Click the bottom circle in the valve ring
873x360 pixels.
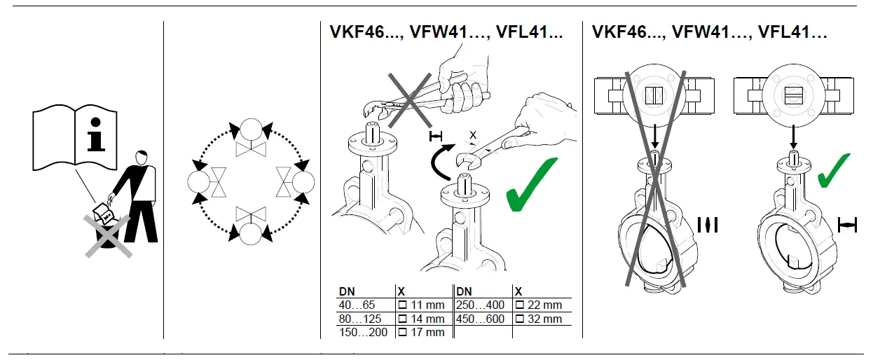coord(249,233)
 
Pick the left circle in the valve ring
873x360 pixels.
coord(198,182)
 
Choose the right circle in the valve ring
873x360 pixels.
coord(303,182)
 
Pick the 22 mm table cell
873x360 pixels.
coord(542,305)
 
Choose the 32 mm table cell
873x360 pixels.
coord(542,319)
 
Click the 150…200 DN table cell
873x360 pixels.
coord(363,332)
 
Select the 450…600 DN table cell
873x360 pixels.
coord(481,319)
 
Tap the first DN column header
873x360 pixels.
coord(347,291)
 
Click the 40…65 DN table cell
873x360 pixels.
coord(357,305)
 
